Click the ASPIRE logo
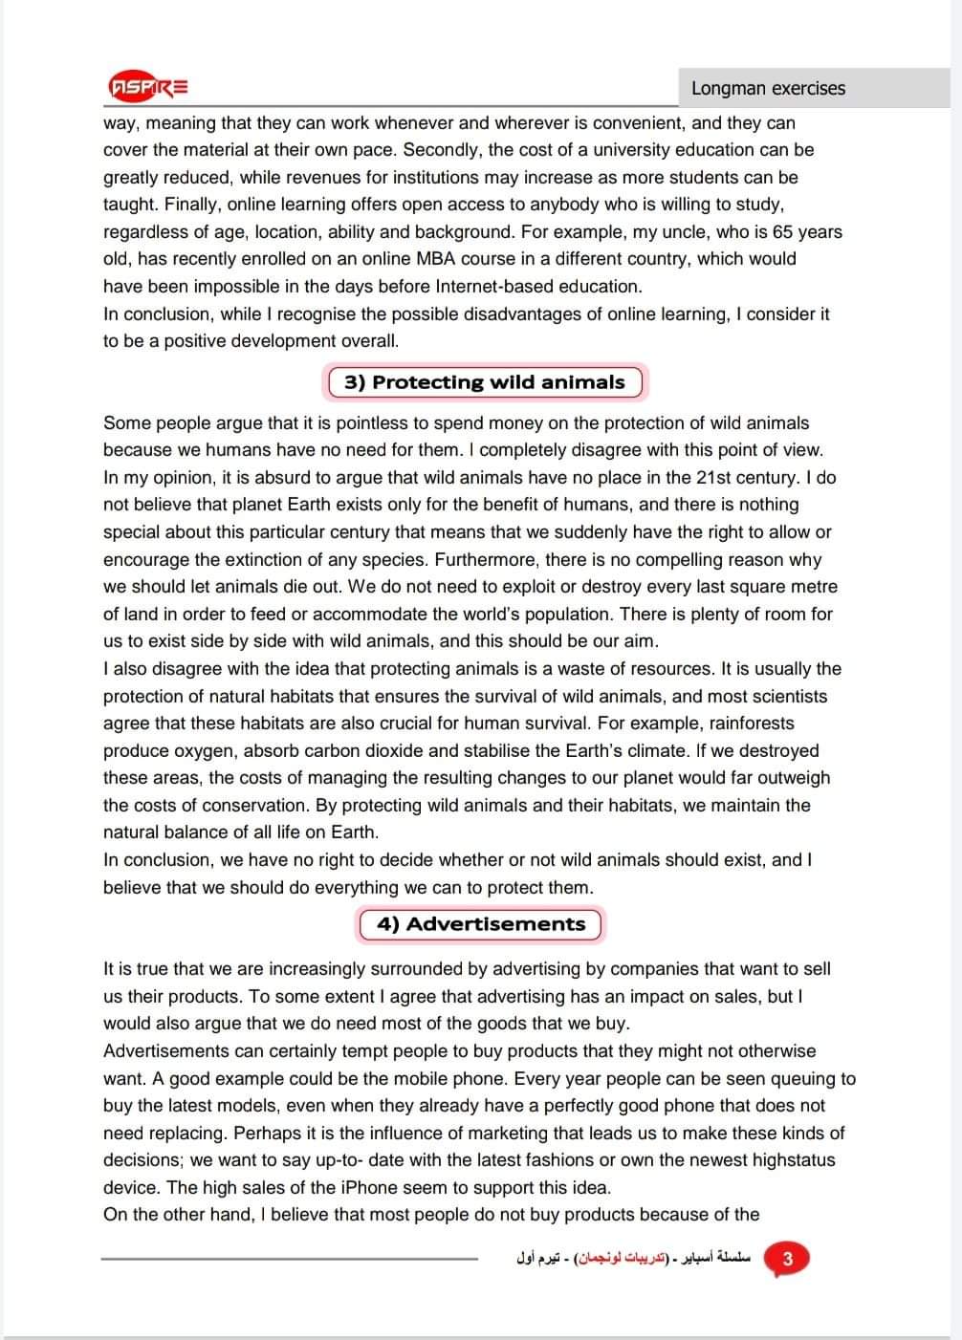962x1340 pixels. [x=148, y=87]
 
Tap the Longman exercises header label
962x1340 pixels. [x=768, y=88]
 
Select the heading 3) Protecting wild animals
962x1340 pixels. [x=484, y=382]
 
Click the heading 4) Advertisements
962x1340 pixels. [x=481, y=924]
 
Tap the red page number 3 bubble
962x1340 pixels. [x=787, y=1258]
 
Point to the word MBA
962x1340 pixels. [x=437, y=259]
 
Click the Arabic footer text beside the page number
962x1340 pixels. [x=634, y=1258]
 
